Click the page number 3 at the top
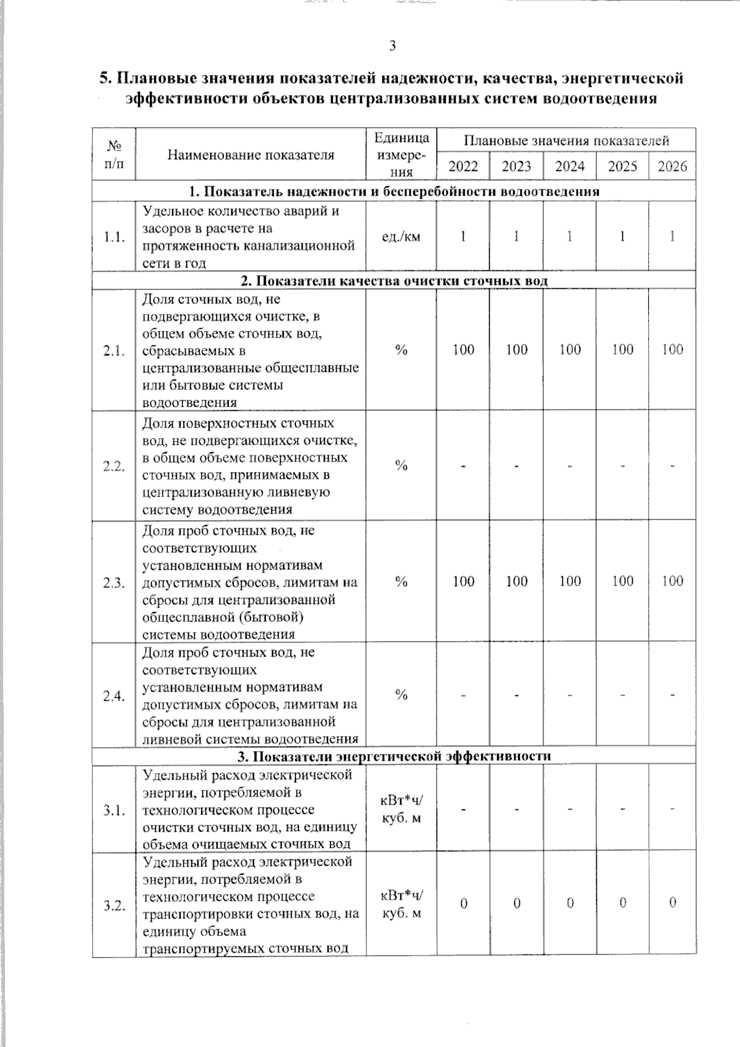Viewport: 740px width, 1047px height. click(x=392, y=45)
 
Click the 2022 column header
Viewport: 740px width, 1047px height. click(x=463, y=166)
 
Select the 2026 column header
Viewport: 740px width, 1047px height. click(x=672, y=166)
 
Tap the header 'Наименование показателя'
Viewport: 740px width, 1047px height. click(x=250, y=155)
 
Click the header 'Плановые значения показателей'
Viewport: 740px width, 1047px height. click(x=566, y=141)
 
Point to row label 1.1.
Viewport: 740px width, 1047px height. click(x=114, y=237)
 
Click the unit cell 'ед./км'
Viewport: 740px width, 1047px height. click(x=401, y=236)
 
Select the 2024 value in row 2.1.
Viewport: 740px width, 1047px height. click(x=570, y=350)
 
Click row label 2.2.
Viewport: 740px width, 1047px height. click(x=114, y=466)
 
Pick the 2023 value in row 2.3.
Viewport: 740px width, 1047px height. click(x=516, y=581)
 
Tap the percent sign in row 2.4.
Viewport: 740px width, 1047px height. click(x=401, y=695)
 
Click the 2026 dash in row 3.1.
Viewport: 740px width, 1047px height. click(x=672, y=808)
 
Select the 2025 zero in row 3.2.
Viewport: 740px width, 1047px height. click(x=622, y=903)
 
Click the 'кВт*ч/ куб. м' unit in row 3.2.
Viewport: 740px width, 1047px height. click(x=401, y=904)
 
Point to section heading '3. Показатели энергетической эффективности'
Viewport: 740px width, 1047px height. click(x=394, y=756)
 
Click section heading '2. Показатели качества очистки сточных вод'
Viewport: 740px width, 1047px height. click(x=394, y=281)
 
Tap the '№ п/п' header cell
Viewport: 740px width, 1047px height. click(x=114, y=154)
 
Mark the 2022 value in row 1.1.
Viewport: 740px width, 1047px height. click(x=463, y=236)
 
